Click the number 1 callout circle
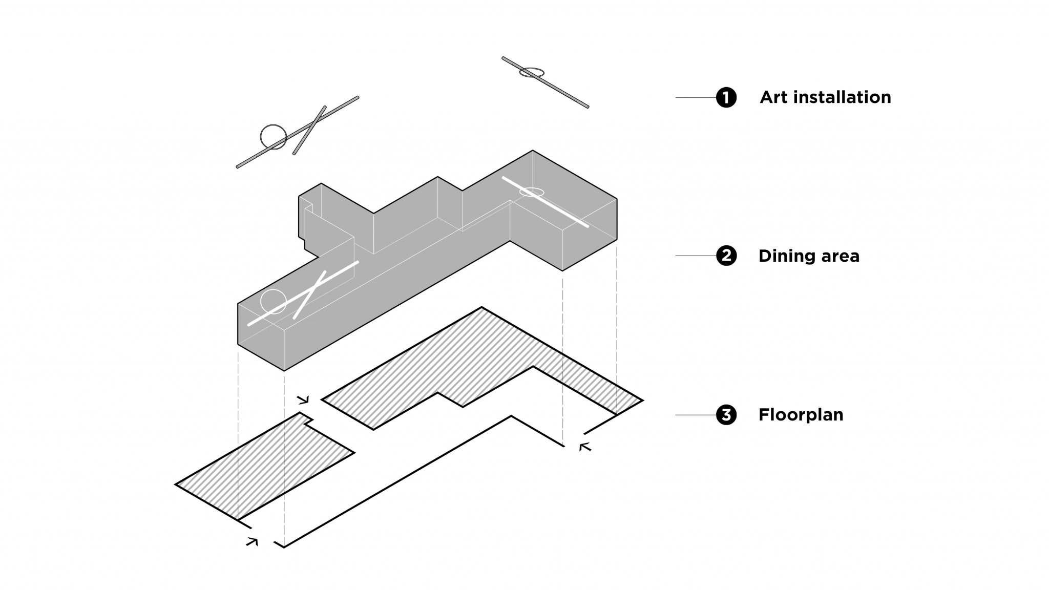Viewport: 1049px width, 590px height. (x=726, y=97)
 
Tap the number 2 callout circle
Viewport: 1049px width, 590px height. (x=726, y=256)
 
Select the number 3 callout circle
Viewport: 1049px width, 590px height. (x=726, y=414)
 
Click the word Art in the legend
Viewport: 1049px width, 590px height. (x=774, y=97)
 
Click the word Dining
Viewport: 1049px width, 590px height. (x=786, y=256)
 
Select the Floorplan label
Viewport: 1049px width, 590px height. (x=801, y=414)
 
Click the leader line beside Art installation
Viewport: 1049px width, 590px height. (x=696, y=97)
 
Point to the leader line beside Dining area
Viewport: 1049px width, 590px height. (x=696, y=256)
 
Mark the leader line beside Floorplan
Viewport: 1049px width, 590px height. (x=696, y=414)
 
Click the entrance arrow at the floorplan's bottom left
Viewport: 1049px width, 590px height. (x=252, y=541)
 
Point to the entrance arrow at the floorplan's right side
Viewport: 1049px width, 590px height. (x=585, y=447)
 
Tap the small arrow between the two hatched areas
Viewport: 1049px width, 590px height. (x=303, y=399)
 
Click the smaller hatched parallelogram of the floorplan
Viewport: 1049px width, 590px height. (x=264, y=467)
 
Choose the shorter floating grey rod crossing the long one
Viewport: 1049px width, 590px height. (x=309, y=130)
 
